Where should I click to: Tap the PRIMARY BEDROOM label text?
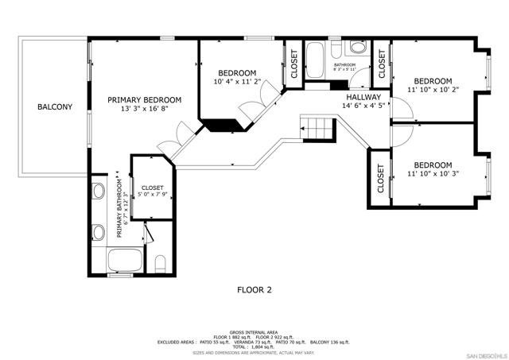[145, 100]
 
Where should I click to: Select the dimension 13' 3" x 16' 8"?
[145, 110]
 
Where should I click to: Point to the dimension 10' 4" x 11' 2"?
[237, 81]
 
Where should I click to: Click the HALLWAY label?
[363, 97]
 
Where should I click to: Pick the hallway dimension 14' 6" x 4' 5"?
[363, 106]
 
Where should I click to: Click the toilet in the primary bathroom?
[160, 261]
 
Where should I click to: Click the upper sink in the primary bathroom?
[99, 192]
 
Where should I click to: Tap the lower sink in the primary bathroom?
[99, 232]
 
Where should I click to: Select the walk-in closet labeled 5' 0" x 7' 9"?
[152, 191]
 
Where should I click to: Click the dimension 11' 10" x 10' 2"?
[433, 90]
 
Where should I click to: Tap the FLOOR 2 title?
[254, 290]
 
